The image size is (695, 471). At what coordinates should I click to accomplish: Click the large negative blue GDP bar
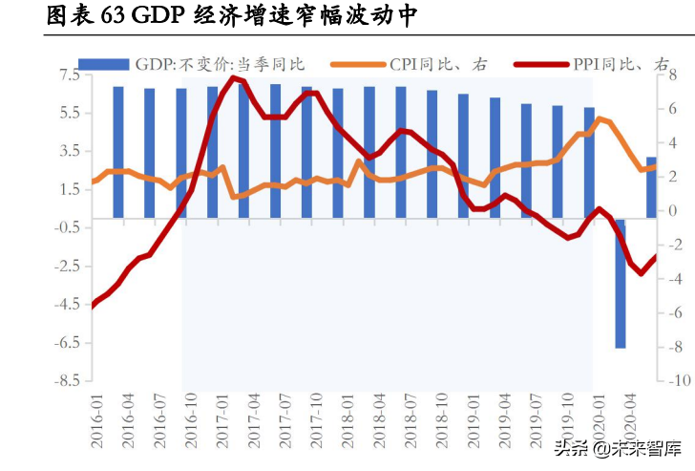tap(621, 283)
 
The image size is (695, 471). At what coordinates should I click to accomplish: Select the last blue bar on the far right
tap(651, 187)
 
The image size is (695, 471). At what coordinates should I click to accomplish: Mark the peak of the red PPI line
tap(236, 77)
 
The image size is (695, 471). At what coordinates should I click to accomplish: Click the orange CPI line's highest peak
tap(600, 119)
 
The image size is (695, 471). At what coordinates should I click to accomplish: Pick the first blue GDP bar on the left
tap(118, 153)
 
